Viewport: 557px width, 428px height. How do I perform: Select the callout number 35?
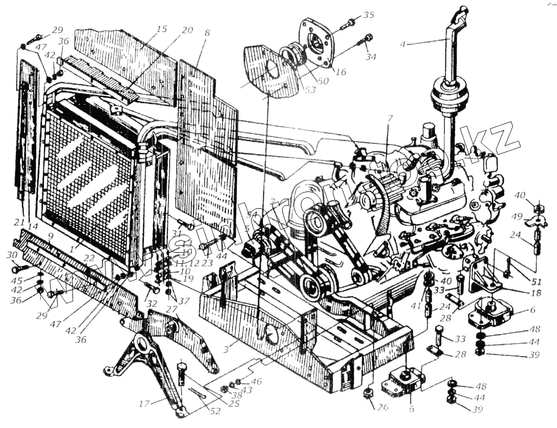(368, 14)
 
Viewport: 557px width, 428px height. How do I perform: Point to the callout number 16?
(341, 72)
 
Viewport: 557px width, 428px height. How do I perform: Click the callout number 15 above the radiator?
(161, 28)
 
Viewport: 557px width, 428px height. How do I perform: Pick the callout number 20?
(187, 30)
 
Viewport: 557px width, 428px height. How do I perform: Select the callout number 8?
(207, 33)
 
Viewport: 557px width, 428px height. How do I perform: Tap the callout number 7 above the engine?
(390, 118)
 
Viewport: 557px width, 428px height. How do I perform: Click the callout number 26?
(382, 407)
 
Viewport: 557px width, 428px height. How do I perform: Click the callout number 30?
(12, 255)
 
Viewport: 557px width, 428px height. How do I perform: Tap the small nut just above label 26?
(369, 393)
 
